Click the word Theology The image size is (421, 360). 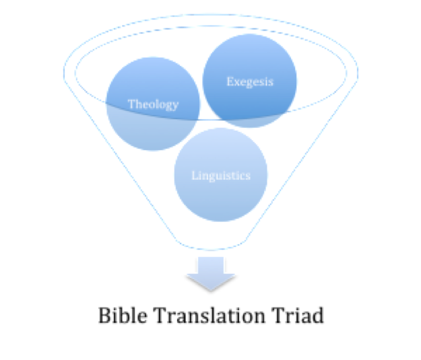(x=154, y=104)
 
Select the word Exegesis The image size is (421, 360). (x=250, y=81)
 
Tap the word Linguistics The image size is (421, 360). (x=221, y=176)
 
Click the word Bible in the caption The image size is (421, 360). (x=123, y=315)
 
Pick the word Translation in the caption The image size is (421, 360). (x=209, y=315)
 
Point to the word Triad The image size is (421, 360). (x=297, y=315)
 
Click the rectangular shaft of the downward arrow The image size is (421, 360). (x=211, y=265)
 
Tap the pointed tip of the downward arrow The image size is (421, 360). (x=211, y=291)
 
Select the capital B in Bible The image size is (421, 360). (x=104, y=316)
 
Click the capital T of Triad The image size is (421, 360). (x=278, y=316)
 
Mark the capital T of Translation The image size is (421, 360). (x=160, y=316)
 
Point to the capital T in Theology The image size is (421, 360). (x=131, y=104)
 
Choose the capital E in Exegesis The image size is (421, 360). (x=230, y=81)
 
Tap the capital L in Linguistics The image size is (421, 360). (x=195, y=176)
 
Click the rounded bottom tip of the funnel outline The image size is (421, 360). (x=211, y=249)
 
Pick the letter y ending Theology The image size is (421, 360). (x=176, y=106)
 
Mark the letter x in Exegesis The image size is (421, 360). (x=236, y=82)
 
